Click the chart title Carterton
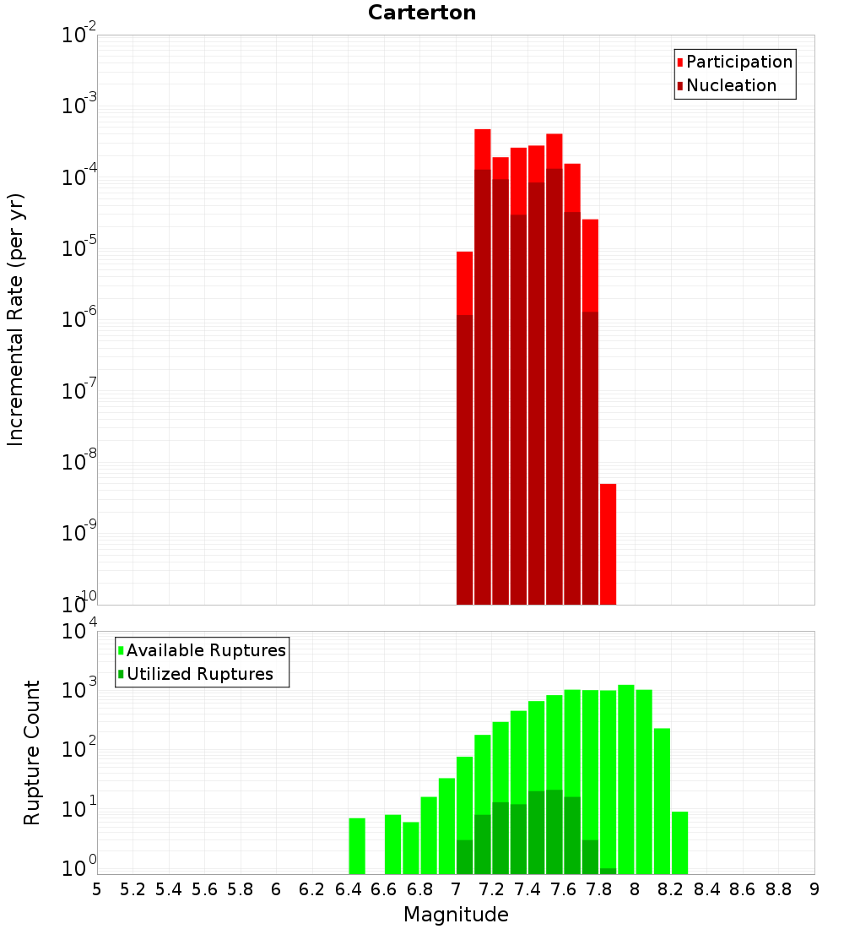pyautogui.click(x=422, y=13)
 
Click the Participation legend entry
pyautogui.click(x=739, y=62)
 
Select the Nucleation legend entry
pyautogui.click(x=731, y=85)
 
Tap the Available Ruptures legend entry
pyautogui.click(x=206, y=650)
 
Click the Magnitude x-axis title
pyautogui.click(x=456, y=915)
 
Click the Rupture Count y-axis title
pyautogui.click(x=32, y=752)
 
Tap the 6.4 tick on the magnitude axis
pyautogui.click(x=348, y=889)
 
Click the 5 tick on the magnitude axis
pyautogui.click(x=97, y=889)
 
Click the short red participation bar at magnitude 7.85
pyautogui.click(x=608, y=544)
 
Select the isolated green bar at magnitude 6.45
pyautogui.click(x=357, y=845)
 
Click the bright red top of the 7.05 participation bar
pyautogui.click(x=464, y=283)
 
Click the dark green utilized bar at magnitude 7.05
pyautogui.click(x=464, y=856)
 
